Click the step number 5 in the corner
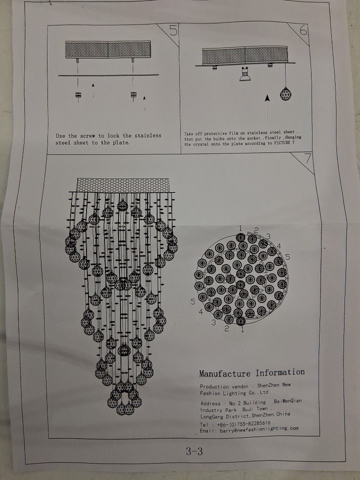[x=173, y=30]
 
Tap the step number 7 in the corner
[x=307, y=159]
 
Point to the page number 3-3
[x=194, y=451]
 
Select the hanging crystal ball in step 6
[x=285, y=94]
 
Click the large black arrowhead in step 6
[x=267, y=98]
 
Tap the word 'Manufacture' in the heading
[x=224, y=373]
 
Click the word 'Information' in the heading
[x=280, y=372]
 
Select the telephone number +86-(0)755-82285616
[x=243, y=424]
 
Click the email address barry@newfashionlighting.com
[x=258, y=429]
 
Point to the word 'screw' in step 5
[x=87, y=135]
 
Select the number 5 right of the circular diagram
[x=287, y=257]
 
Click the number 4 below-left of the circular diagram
[x=201, y=312]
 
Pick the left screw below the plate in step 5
[x=78, y=95]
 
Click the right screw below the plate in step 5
[x=133, y=95]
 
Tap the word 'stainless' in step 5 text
[x=148, y=135]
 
